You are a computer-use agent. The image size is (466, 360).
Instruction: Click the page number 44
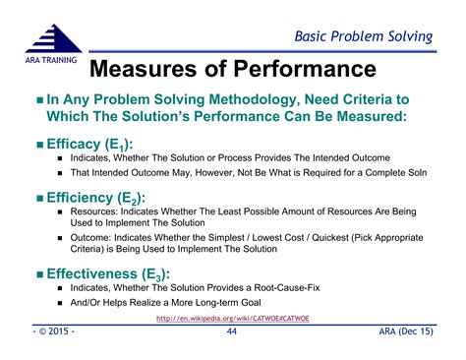click(232, 334)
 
